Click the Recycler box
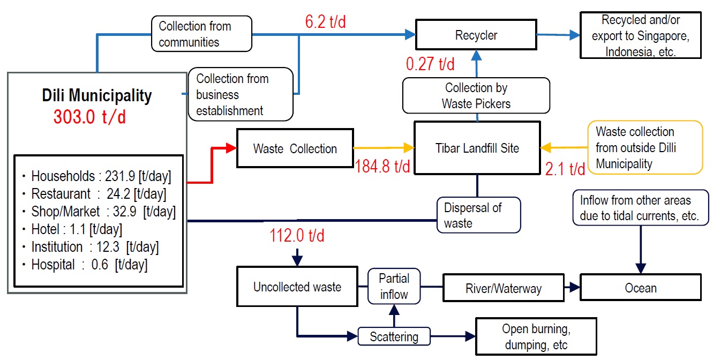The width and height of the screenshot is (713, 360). pyautogui.click(x=476, y=35)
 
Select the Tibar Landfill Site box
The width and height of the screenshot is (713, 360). pyautogui.click(x=477, y=148)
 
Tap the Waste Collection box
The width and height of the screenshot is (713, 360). pyautogui.click(x=295, y=148)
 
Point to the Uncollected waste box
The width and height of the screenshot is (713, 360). pyautogui.click(x=297, y=287)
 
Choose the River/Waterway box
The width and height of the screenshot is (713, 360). pyautogui.click(x=504, y=289)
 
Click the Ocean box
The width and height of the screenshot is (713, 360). pyautogui.click(x=641, y=288)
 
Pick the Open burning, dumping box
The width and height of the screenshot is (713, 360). pyautogui.click(x=535, y=336)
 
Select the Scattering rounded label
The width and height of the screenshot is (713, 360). pyautogui.click(x=394, y=336)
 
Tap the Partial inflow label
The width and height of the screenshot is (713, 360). pyautogui.click(x=394, y=286)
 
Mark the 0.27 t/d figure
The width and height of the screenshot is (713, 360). pyautogui.click(x=430, y=64)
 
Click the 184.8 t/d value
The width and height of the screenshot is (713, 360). pyautogui.click(x=382, y=166)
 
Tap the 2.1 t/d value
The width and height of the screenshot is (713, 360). pyautogui.click(x=565, y=169)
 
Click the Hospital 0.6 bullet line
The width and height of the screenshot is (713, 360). pyautogui.click(x=85, y=264)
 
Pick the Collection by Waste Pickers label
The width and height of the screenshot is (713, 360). pyautogui.click(x=476, y=95)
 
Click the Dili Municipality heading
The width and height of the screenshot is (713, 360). pyautogui.click(x=97, y=96)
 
